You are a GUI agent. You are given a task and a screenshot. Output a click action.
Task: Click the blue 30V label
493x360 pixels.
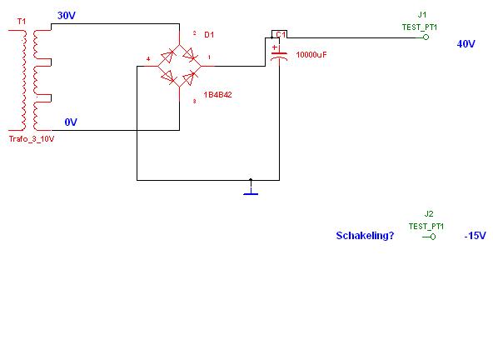tap(67, 16)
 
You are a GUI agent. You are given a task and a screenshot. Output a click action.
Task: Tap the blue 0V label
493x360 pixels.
tap(71, 122)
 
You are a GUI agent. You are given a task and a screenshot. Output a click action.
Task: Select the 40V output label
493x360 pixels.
tap(466, 43)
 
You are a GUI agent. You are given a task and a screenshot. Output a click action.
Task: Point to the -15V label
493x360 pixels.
tap(475, 235)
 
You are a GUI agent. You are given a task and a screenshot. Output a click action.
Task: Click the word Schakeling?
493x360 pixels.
tap(365, 235)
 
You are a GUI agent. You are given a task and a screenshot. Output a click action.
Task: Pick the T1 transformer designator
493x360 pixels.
tap(22, 22)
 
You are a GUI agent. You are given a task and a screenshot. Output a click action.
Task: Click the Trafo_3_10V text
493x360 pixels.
tap(32, 139)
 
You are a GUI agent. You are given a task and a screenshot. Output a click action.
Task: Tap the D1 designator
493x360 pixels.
tap(209, 35)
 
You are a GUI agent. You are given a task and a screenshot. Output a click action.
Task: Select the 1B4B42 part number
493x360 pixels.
tap(217, 95)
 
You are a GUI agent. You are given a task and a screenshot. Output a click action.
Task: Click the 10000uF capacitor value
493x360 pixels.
tap(311, 55)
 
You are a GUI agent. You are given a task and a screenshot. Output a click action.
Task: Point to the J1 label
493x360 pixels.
tap(422, 15)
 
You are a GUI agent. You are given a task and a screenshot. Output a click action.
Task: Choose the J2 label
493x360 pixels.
tap(429, 214)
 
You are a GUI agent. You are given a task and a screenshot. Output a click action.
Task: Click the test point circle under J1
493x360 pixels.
tap(426, 37)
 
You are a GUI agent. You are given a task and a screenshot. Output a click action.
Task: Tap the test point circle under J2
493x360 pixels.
tap(433, 237)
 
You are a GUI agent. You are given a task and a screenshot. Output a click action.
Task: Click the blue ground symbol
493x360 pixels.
tap(251, 191)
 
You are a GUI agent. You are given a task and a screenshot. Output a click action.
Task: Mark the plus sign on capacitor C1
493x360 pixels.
tap(275, 47)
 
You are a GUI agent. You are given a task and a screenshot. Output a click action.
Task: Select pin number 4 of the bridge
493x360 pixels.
tap(148, 59)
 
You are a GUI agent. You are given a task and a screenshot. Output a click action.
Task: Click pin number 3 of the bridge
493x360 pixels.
tap(194, 102)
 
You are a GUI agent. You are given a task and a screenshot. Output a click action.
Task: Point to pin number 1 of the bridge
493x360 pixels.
tap(209, 57)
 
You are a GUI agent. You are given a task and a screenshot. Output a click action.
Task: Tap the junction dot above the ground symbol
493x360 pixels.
tap(251, 180)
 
